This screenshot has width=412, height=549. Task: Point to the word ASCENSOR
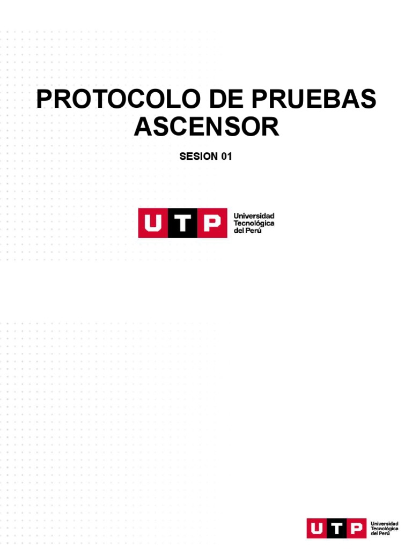[206, 128]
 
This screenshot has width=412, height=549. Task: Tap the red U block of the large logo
[153, 222]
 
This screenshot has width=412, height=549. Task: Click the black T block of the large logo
[182, 222]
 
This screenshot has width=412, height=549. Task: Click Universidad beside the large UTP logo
[254, 215]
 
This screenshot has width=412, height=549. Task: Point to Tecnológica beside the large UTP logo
[254, 223]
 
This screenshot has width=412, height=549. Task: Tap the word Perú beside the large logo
[254, 231]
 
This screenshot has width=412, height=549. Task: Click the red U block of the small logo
[317, 528]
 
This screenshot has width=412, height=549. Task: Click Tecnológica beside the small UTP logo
[385, 529]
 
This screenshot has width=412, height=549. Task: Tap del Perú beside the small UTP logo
[380, 534]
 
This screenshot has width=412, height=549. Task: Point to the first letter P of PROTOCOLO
[44, 100]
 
